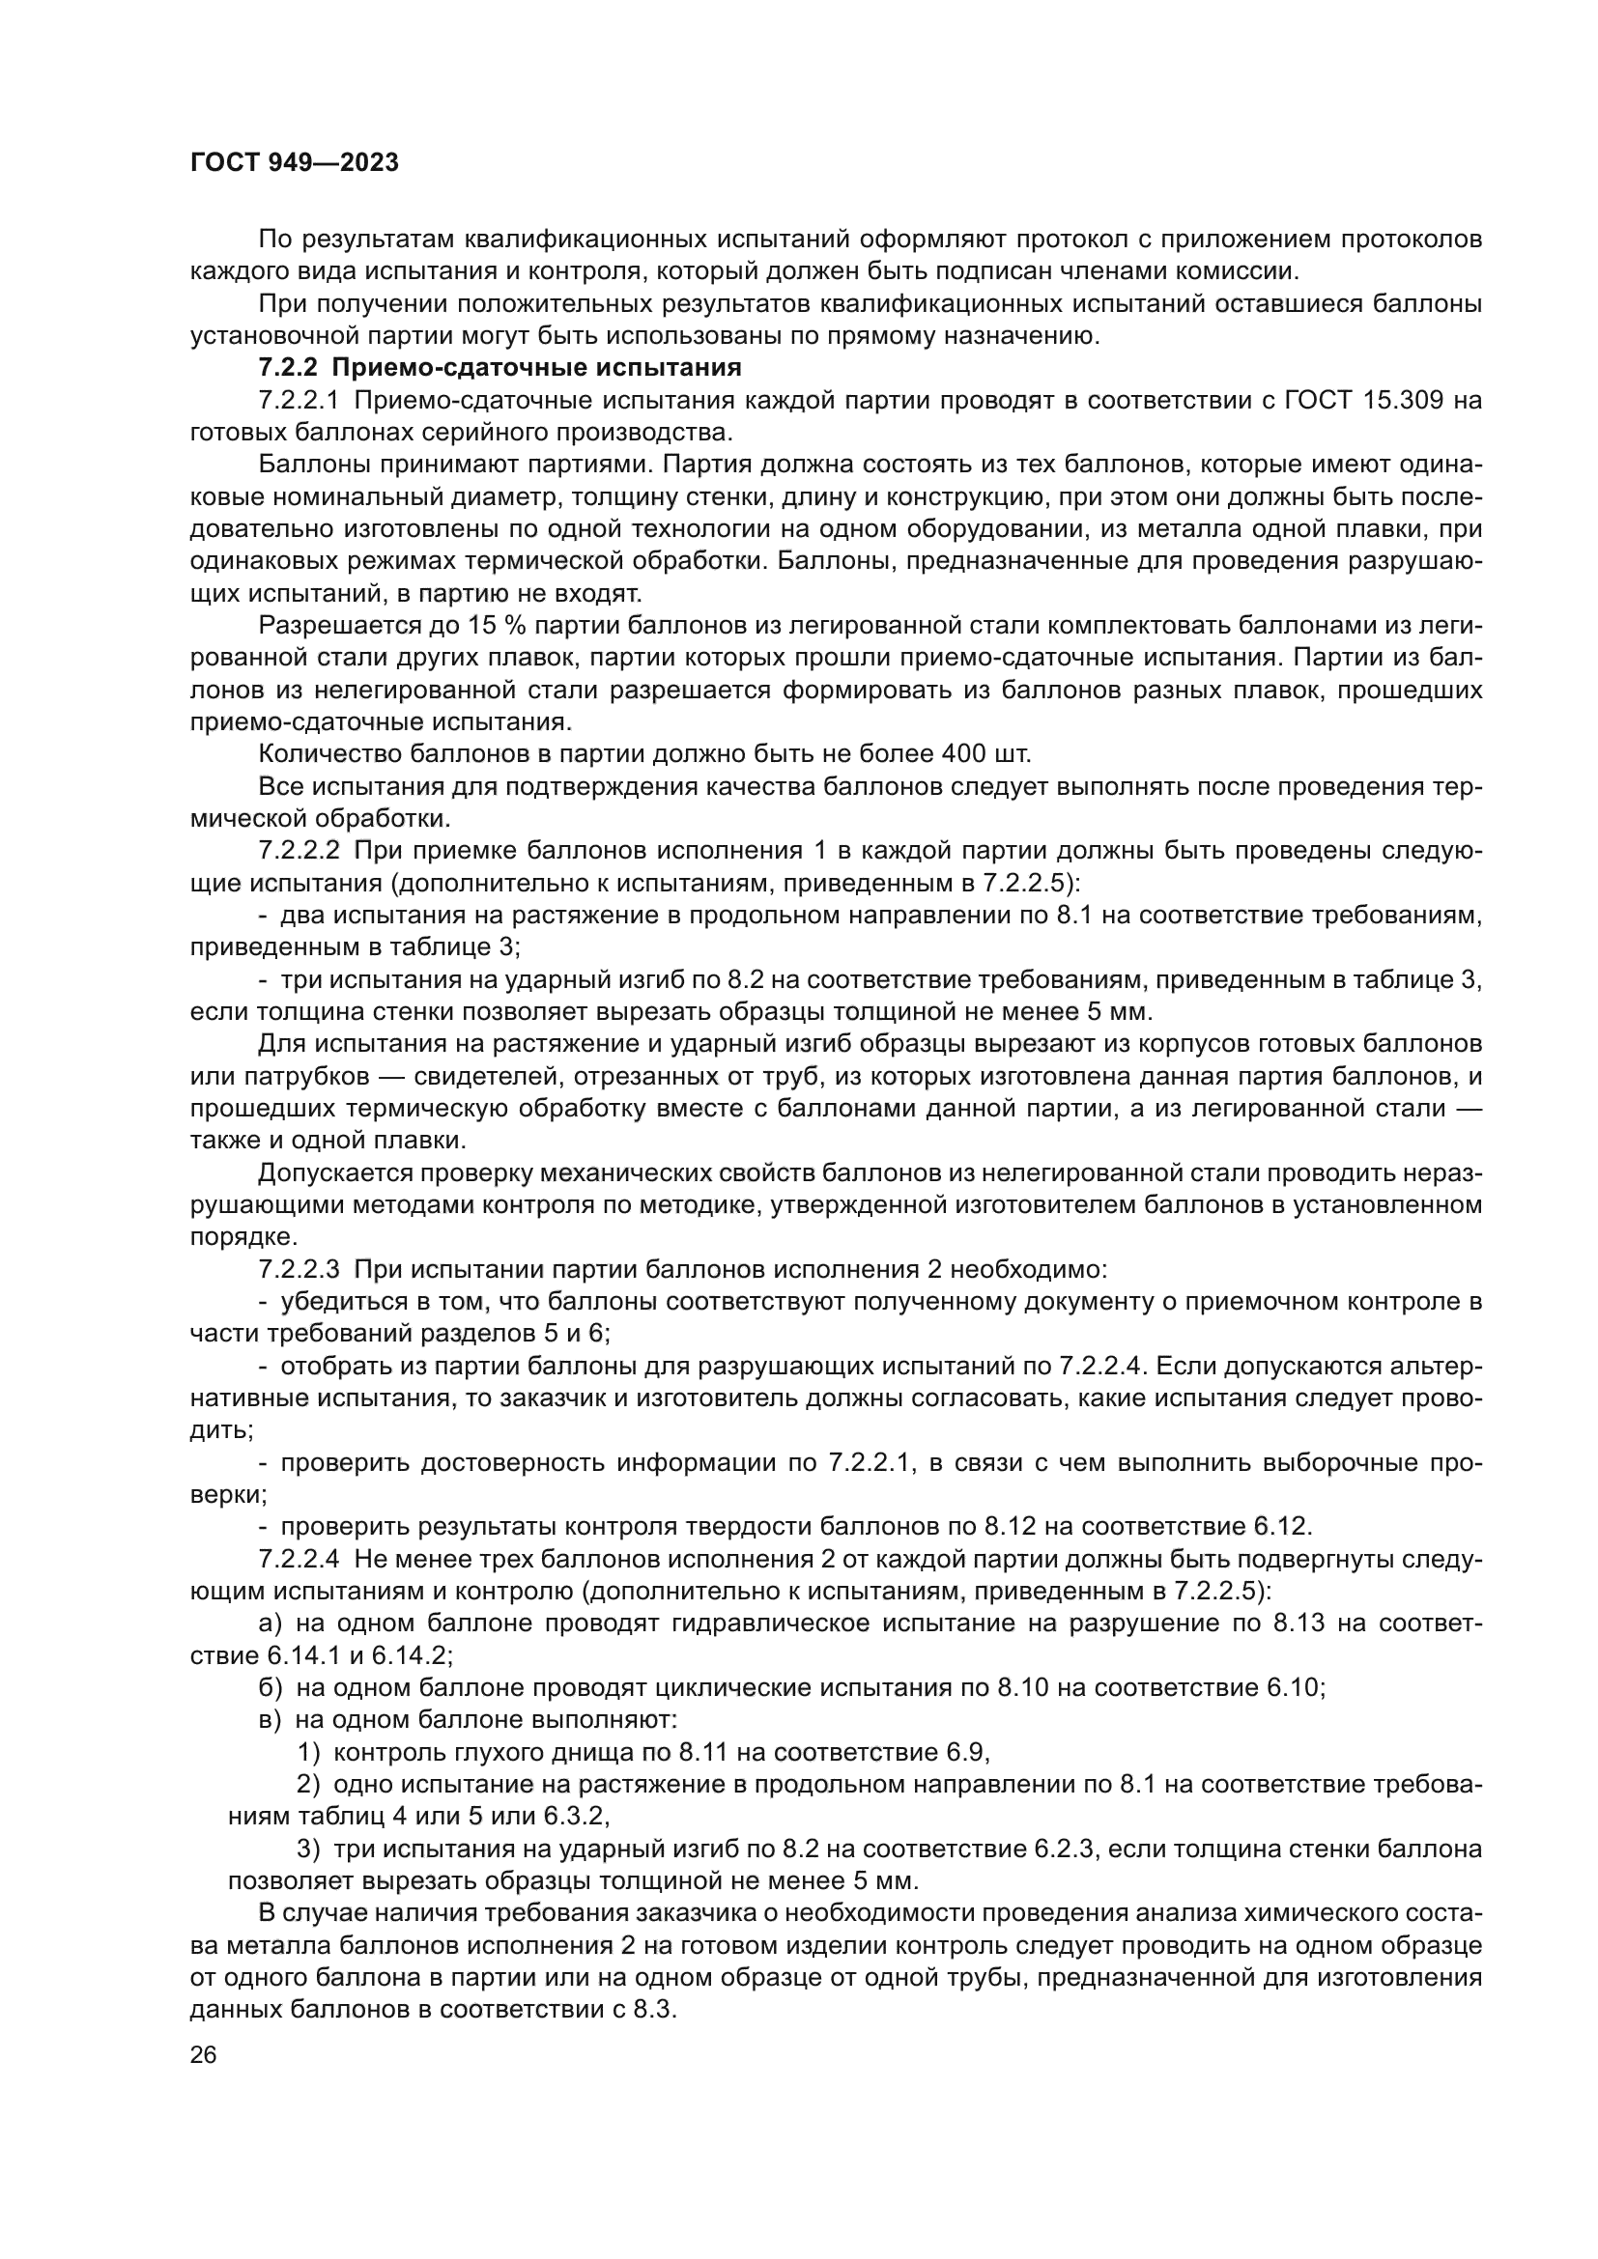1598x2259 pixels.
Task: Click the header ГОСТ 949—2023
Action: tap(295, 163)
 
